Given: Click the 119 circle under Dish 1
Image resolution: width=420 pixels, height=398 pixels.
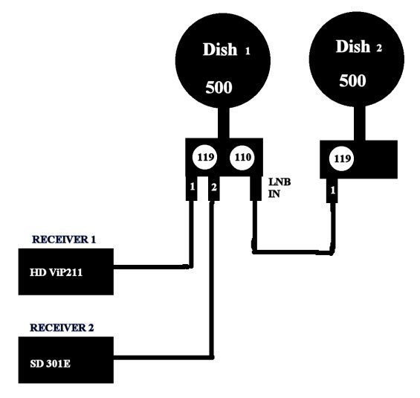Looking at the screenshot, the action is (x=204, y=157).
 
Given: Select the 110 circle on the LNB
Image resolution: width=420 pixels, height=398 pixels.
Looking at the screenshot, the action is (x=242, y=157).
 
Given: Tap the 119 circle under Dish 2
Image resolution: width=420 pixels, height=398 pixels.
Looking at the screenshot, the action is (x=341, y=158).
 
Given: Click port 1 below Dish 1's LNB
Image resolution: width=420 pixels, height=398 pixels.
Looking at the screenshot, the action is (x=192, y=188).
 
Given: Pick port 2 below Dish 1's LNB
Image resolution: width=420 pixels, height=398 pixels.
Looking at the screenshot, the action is (x=214, y=188).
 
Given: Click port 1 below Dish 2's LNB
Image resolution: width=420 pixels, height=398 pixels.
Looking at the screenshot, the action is (x=332, y=190).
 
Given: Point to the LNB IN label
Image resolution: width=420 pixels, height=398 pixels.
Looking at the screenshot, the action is (x=280, y=187).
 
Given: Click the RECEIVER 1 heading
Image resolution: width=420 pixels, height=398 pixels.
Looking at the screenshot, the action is (x=64, y=240).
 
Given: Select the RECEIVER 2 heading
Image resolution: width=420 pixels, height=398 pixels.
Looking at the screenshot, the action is (x=62, y=327).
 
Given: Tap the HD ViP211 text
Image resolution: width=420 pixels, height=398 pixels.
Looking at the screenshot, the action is (x=56, y=272).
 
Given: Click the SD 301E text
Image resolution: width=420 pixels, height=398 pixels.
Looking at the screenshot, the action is (x=50, y=364).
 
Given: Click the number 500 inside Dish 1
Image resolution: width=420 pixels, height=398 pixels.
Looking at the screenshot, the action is (x=219, y=87).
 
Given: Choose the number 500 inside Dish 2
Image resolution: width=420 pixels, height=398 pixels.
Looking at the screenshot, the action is (x=352, y=80).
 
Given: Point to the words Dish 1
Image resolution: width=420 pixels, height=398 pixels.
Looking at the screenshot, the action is (x=227, y=50).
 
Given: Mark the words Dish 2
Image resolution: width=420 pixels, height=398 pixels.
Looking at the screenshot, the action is (x=359, y=47).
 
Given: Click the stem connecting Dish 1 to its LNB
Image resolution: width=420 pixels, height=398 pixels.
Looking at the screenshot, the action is (x=224, y=123).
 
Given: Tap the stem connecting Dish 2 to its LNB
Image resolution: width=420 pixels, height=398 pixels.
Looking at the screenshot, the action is (x=360, y=123).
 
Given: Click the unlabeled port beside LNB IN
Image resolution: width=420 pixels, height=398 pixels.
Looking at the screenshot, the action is (x=256, y=188).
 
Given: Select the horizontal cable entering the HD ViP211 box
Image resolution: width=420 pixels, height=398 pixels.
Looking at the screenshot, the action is (x=153, y=267).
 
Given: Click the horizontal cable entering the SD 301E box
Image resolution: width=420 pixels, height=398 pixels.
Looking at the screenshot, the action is (x=164, y=358).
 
